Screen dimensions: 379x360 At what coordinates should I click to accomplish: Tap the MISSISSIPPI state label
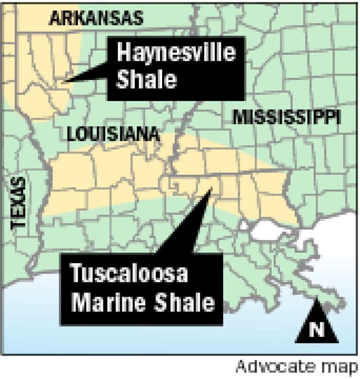pos(286,117)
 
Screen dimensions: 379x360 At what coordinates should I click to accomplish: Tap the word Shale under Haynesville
pos(147,81)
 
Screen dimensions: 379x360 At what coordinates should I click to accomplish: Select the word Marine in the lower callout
pos(104,304)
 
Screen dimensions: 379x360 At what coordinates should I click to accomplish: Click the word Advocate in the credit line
pos(275,367)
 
